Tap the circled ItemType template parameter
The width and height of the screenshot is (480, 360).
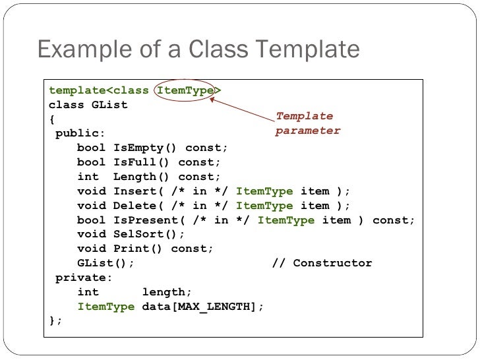pos(185,91)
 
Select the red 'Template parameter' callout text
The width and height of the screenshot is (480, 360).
pos(307,123)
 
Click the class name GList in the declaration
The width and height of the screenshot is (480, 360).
pos(109,105)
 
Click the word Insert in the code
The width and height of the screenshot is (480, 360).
pos(135,191)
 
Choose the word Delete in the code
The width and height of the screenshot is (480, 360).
pos(135,206)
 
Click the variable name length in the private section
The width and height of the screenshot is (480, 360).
pos(166,292)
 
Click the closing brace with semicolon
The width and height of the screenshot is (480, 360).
pos(55,320)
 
